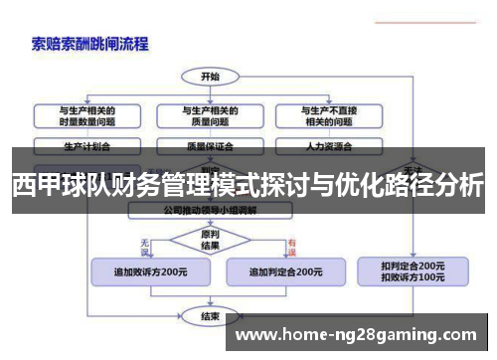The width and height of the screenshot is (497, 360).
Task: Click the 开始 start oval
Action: pyautogui.click(x=210, y=76)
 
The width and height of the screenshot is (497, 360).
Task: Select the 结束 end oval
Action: pyautogui.click(x=210, y=317)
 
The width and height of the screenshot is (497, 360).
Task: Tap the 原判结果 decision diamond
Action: pyautogui.click(x=210, y=240)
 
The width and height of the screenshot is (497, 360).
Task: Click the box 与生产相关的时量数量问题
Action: pyautogui.click(x=86, y=115)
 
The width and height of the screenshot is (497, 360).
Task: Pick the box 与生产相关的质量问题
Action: pyautogui.click(x=210, y=115)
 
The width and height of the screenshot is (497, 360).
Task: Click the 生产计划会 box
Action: pyautogui.click(x=86, y=144)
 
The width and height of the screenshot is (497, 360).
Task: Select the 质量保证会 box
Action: pyautogui.click(x=210, y=144)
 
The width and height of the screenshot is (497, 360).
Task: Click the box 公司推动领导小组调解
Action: pyautogui.click(x=210, y=212)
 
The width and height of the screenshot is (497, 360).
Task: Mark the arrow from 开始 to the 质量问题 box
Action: pyautogui.click(x=210, y=92)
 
